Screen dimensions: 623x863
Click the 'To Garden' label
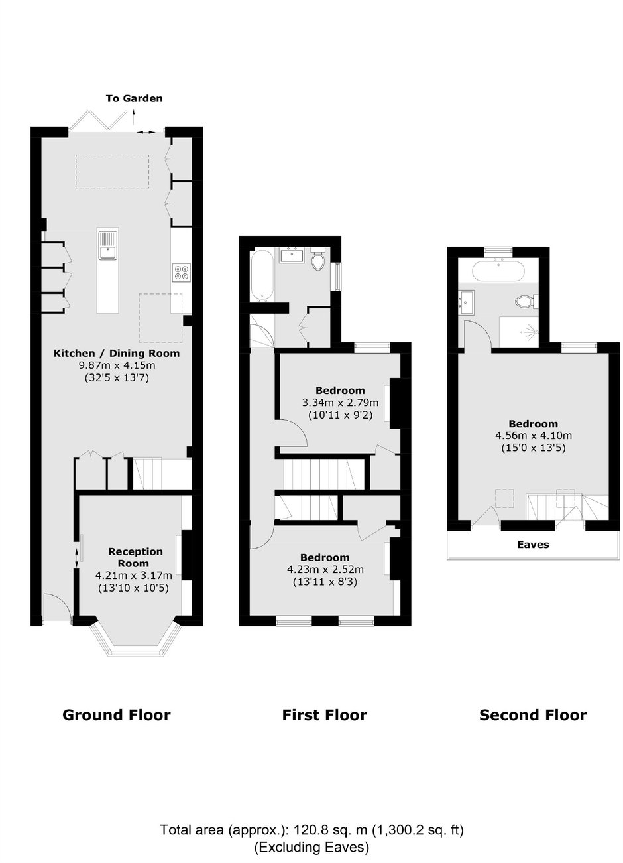coord(134,98)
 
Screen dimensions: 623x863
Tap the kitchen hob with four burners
coord(182,271)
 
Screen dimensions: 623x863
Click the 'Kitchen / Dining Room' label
coord(116,353)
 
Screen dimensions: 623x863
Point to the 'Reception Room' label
coord(135,557)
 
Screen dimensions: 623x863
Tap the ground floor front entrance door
coord(57,608)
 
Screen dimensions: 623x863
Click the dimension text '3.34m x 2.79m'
coord(340,403)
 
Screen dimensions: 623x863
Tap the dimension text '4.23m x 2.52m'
coord(325,569)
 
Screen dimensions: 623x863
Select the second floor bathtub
coord(498,271)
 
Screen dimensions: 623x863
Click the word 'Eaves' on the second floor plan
coord(533,544)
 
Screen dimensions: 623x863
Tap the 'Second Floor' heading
coord(533,714)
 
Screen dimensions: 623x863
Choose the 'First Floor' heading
coord(325,714)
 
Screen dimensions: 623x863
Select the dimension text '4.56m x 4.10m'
coord(534,435)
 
